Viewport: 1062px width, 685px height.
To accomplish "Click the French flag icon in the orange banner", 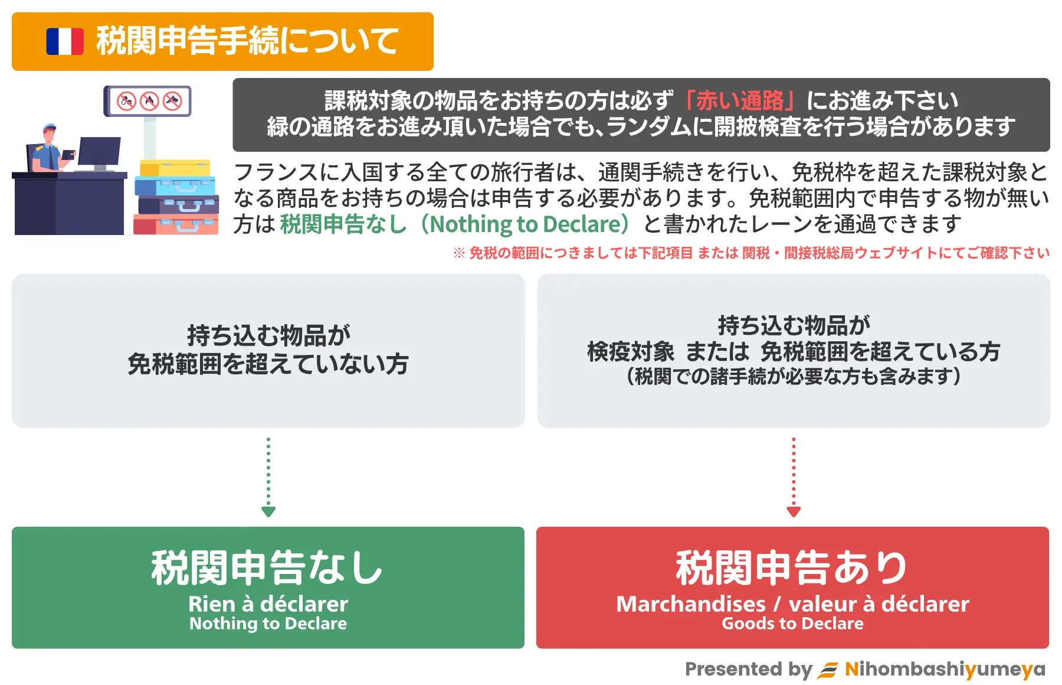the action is point(65,42).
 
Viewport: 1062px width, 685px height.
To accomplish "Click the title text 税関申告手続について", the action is point(247,41).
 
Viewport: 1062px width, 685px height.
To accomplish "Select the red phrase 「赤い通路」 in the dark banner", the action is point(740,101).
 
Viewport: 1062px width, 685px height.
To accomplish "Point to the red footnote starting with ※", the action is point(751,253).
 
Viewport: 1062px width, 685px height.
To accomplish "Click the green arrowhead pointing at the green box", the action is point(268,511).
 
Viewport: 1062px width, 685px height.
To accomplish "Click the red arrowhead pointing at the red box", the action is point(794,511).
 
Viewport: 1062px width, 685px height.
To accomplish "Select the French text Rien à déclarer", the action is point(268,604).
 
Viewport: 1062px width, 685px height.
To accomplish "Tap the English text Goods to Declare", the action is point(792,624).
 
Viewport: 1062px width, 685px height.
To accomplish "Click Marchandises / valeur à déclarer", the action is point(792,604).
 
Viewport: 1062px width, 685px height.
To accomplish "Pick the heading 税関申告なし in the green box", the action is point(267,567).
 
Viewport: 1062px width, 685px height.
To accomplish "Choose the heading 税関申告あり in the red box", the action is point(792,567).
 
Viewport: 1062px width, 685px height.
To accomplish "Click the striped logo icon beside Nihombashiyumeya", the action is point(827,670).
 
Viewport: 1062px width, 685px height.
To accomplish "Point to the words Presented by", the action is point(749,670).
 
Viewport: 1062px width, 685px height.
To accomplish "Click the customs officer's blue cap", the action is point(49,128).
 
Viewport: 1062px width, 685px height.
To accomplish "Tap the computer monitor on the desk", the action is point(99,153).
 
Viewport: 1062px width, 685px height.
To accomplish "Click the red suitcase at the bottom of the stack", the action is point(176,225).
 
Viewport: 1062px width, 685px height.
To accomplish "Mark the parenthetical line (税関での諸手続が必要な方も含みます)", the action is point(794,376).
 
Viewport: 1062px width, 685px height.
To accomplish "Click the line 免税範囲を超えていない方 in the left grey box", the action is point(268,364).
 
